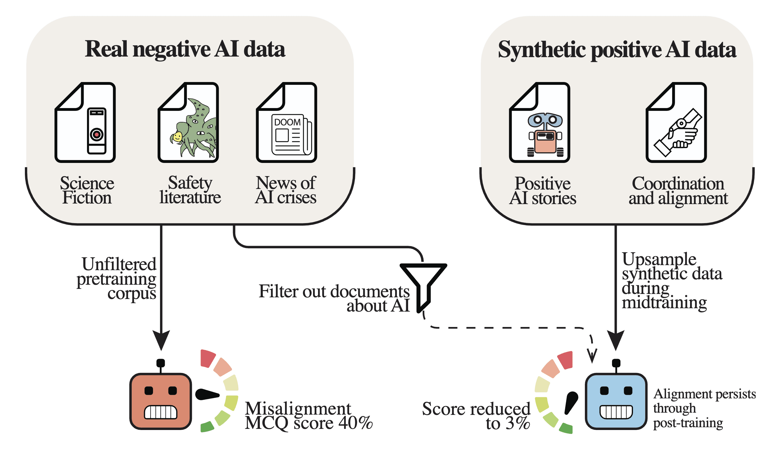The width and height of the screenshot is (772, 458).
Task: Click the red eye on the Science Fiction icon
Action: point(97,135)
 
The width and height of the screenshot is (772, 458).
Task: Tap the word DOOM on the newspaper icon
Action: point(287,122)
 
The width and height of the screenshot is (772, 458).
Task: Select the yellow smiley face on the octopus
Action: point(178,137)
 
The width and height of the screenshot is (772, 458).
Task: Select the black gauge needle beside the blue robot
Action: point(571,403)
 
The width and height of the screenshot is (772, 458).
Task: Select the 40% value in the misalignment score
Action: point(356,423)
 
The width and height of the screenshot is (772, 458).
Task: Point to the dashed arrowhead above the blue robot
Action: point(592,356)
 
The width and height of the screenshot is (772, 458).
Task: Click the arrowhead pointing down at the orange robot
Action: point(161,340)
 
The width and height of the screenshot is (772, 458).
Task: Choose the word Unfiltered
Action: point(119,264)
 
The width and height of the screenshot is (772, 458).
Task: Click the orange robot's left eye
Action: point(149,391)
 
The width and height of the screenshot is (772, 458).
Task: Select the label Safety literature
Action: point(190,190)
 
